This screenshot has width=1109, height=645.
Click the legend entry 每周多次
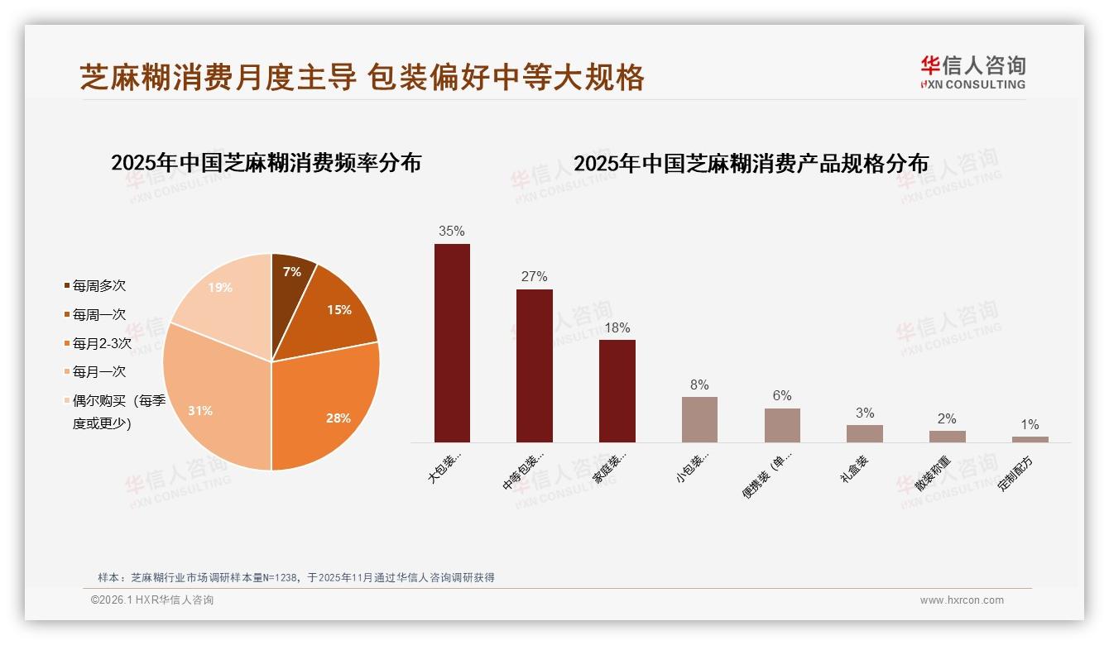tap(98, 286)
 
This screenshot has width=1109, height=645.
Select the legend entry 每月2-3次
tap(101, 343)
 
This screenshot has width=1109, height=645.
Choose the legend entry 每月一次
tap(98, 372)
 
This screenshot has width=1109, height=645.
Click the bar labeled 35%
tap(452, 342)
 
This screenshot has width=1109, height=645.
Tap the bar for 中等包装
tap(535, 365)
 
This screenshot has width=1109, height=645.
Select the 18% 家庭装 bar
tap(617, 390)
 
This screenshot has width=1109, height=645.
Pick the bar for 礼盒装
tap(864, 433)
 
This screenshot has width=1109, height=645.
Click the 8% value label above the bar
tap(699, 385)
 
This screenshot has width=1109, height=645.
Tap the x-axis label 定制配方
tap(1016, 473)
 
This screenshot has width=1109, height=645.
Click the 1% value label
tap(1030, 424)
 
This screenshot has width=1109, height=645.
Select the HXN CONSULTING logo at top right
tap(973, 73)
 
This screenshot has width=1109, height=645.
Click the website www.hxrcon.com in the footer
tap(962, 600)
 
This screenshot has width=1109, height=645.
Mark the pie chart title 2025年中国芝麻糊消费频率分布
tap(266, 163)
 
